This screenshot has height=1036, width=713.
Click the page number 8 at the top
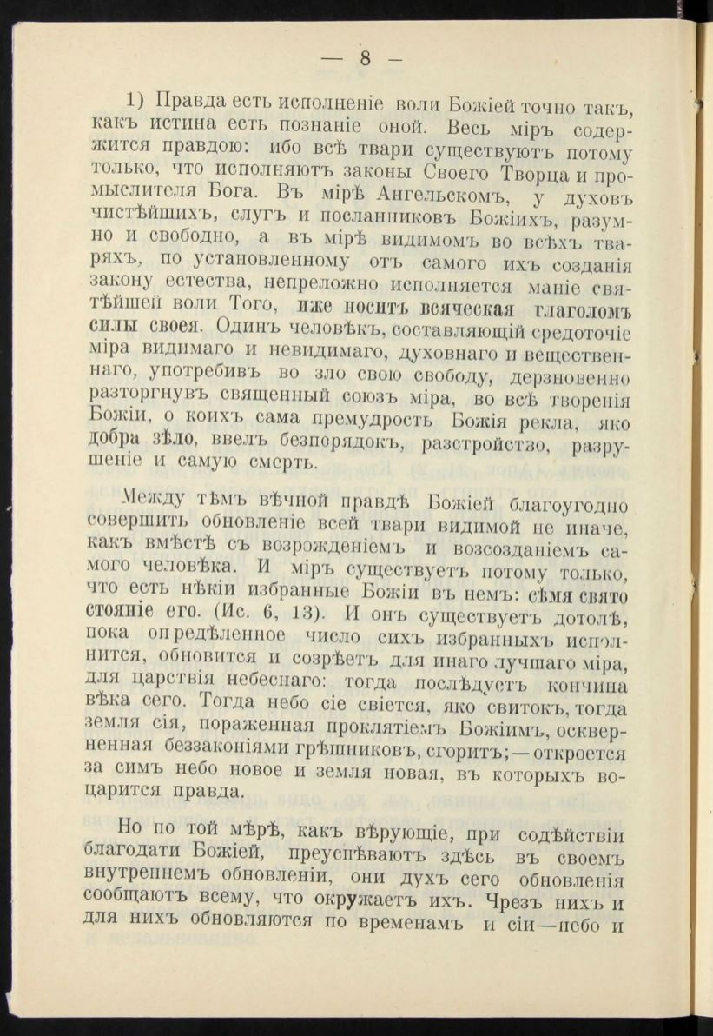click(x=365, y=59)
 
